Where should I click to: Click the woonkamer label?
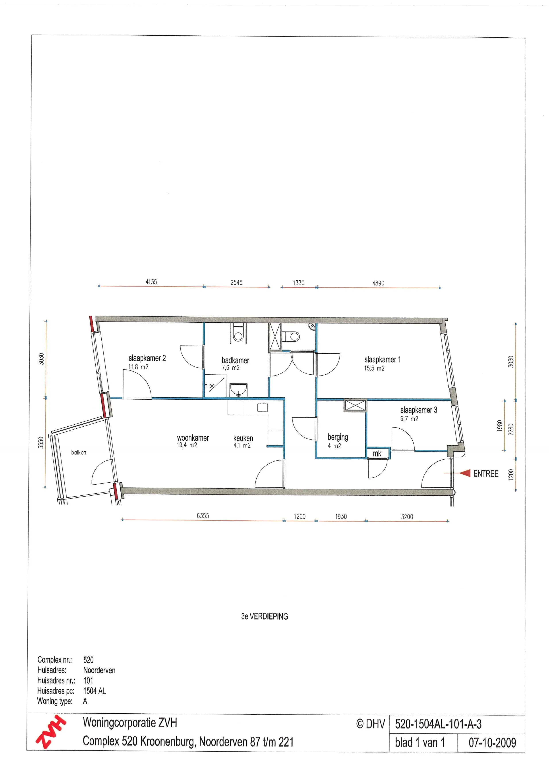tap(193, 438)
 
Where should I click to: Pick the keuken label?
tap(243, 438)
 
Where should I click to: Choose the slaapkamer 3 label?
tap(419, 410)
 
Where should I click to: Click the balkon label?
tap(78, 452)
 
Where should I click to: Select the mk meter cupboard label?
tap(377, 454)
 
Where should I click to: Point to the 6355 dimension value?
tap(203, 515)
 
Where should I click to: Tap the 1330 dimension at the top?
tap(298, 283)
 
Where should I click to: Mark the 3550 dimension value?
tap(41, 443)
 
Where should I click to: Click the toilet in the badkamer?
tap(238, 333)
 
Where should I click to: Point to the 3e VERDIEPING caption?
tap(264, 616)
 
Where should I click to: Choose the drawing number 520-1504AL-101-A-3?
tap(438, 724)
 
